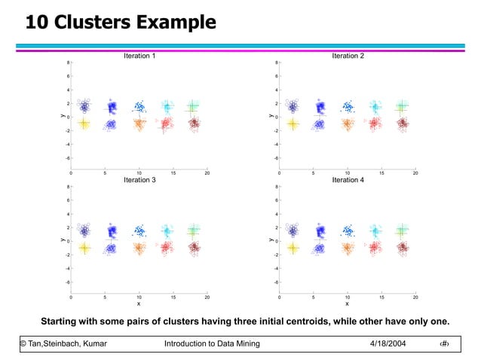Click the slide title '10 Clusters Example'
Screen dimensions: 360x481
pyautogui.click(x=121, y=22)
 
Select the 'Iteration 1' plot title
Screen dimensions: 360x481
pyautogui.click(x=139, y=56)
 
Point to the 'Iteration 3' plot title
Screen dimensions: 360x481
pyautogui.click(x=139, y=181)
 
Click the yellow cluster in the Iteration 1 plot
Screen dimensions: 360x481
pyautogui.click(x=84, y=124)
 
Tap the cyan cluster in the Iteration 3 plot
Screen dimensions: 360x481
pyautogui.click(x=167, y=230)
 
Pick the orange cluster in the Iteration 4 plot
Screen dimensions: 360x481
pyautogui.click(x=347, y=248)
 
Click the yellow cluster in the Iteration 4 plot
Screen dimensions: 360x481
pyautogui.click(x=292, y=248)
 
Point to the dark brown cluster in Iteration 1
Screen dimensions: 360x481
pyautogui.click(x=194, y=123)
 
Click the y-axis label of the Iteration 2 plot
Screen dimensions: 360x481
pyautogui.click(x=271, y=116)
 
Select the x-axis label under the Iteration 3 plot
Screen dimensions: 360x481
pyautogui.click(x=139, y=304)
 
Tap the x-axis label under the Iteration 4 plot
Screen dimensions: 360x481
pyautogui.click(x=347, y=304)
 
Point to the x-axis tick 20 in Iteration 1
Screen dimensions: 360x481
pyautogui.click(x=207, y=173)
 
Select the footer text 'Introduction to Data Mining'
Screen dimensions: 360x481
pyautogui.click(x=212, y=344)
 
